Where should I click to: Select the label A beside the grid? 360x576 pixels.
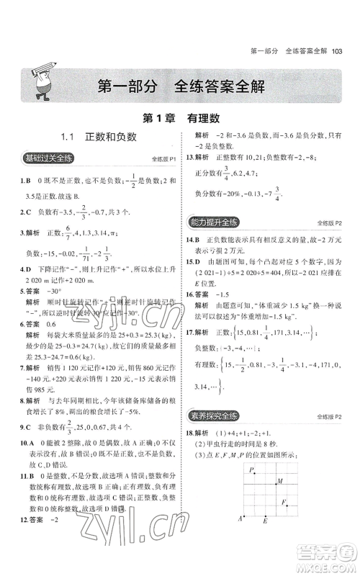coord(240,537)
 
